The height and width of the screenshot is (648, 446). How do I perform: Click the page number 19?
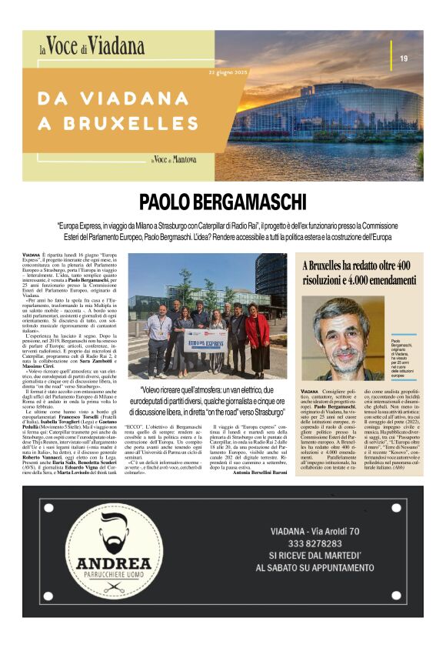[403, 59]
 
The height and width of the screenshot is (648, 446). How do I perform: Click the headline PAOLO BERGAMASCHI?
[223, 202]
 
